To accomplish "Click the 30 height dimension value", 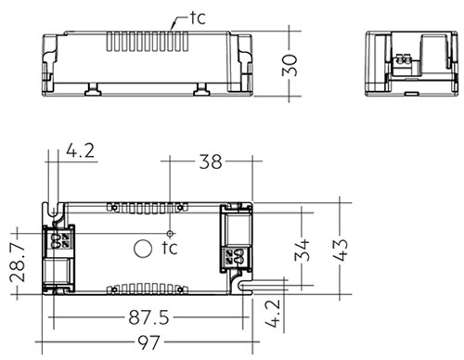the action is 290,65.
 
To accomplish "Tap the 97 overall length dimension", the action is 148,342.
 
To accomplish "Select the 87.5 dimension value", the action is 148,317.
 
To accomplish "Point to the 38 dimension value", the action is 211,161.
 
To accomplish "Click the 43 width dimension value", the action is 342,250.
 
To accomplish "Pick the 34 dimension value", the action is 302,250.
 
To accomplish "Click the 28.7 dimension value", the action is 17,263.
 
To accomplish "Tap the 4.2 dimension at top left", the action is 80,150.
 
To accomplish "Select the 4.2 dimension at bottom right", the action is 274,313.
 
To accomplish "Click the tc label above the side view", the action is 198,18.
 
